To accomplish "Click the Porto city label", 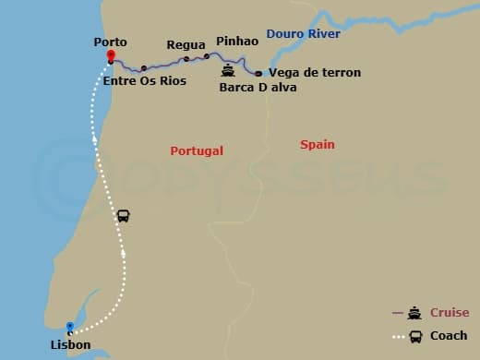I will click(110, 42).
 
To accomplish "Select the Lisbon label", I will click(71, 345).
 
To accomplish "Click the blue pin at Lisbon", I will click(70, 327).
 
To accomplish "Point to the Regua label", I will click(186, 45).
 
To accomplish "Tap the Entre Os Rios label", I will click(145, 81).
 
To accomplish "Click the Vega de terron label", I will click(315, 72).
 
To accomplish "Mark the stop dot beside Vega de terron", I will click(258, 73).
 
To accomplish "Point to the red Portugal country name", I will click(197, 150).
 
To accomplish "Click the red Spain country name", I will click(317, 145).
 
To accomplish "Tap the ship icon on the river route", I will click(228, 70).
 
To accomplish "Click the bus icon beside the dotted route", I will click(124, 216).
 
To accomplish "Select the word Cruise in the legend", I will click(450, 313).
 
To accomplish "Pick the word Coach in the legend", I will click(449, 336).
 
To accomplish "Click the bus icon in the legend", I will click(415, 336).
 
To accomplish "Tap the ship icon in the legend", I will click(415, 313).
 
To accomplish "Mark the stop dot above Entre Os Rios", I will click(143, 68).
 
